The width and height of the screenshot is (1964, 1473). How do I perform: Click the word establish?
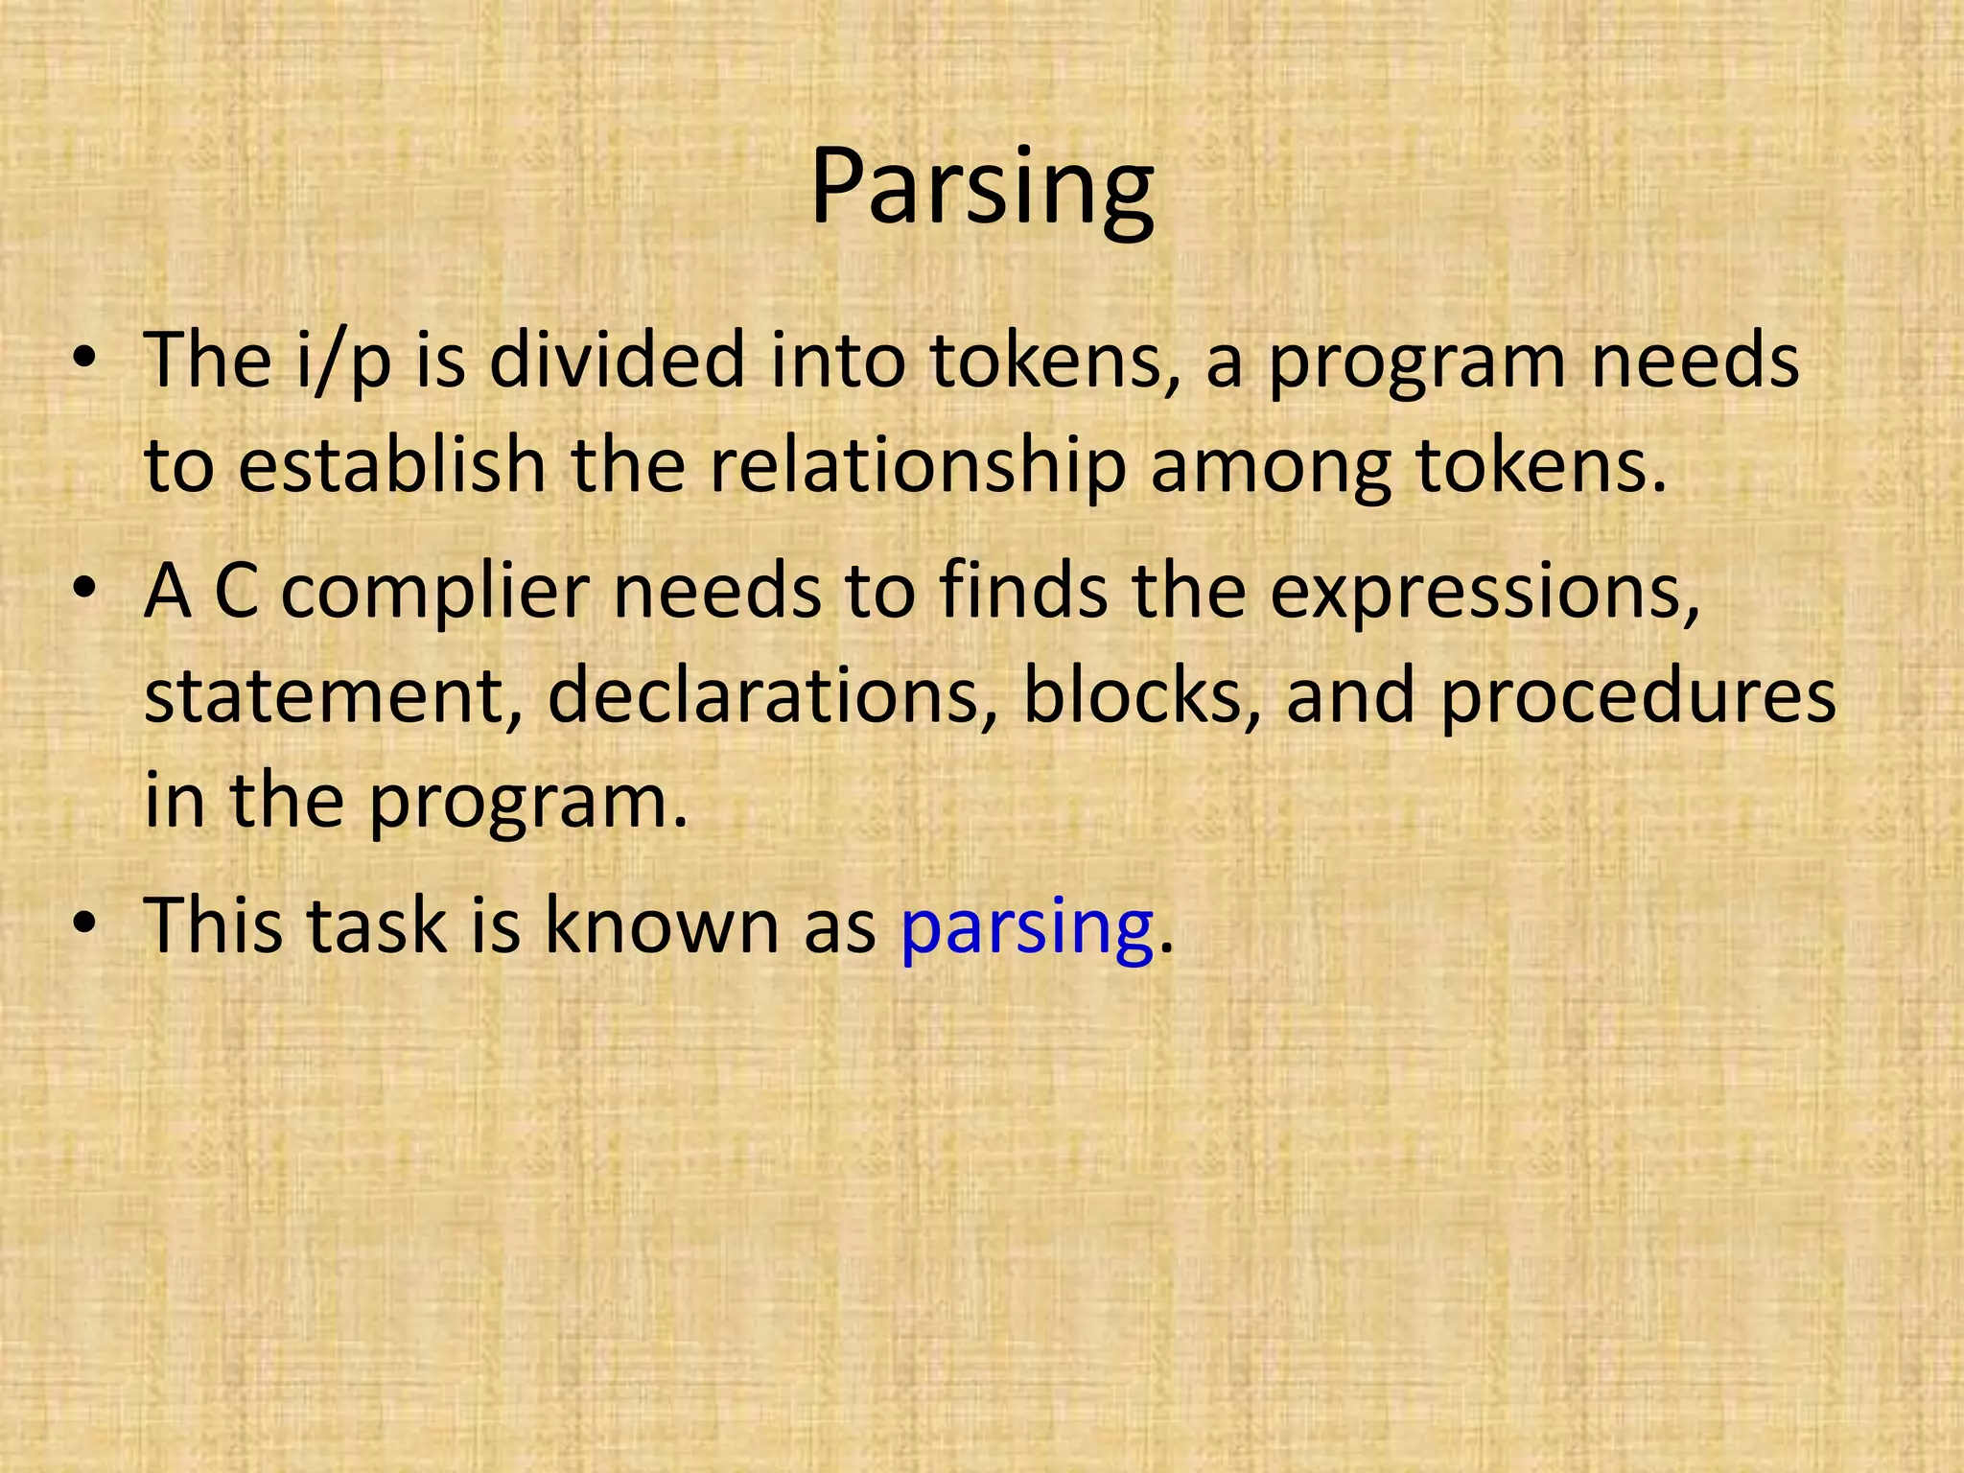click(x=391, y=465)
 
